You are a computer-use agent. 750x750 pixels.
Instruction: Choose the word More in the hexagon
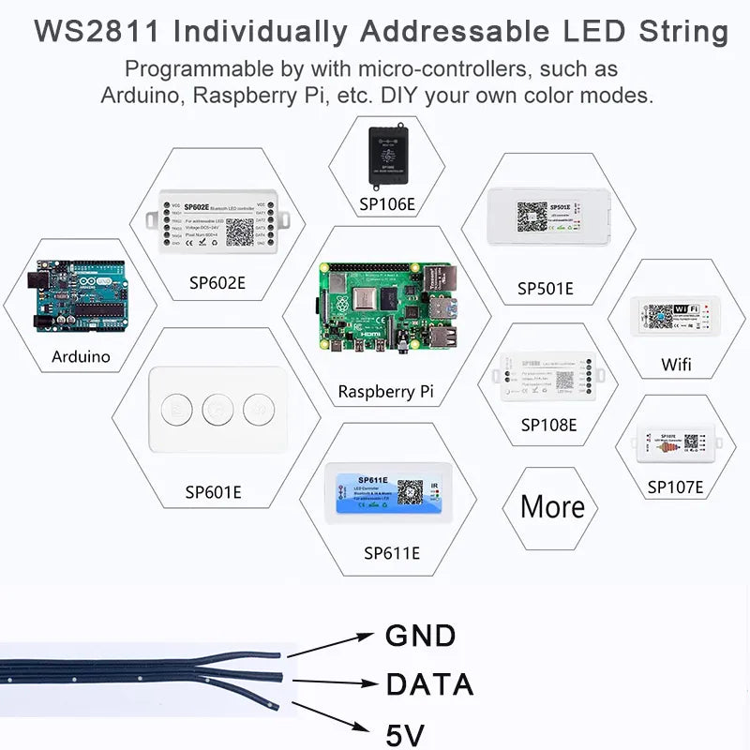[552, 507]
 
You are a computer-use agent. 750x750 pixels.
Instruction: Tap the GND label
[420, 637]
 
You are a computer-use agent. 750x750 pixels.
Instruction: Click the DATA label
[429, 684]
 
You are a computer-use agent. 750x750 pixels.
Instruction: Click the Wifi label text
[676, 364]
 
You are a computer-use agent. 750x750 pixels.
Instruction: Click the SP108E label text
[548, 425]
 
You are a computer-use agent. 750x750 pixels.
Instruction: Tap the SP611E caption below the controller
[391, 552]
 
